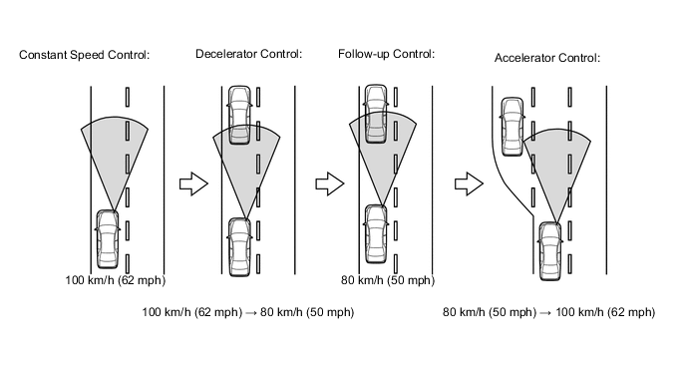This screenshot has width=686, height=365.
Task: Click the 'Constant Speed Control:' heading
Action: [x=85, y=55]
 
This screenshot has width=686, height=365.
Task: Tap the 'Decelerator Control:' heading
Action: [x=248, y=54]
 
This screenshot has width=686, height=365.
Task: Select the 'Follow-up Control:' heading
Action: [x=386, y=54]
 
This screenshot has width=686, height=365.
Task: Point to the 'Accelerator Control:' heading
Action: [x=547, y=58]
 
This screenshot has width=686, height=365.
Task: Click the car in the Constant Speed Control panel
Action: [x=108, y=239]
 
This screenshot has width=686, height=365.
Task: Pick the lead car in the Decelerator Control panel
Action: [x=239, y=115]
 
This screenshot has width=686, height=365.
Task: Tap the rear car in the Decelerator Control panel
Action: [x=239, y=247]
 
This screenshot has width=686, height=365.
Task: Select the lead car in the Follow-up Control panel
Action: [x=376, y=114]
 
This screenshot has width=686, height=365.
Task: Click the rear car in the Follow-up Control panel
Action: [x=376, y=234]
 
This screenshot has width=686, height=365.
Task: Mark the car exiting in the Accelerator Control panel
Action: [x=513, y=127]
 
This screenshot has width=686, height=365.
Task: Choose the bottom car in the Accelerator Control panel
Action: [x=550, y=251]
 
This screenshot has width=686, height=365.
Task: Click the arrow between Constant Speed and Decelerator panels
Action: [x=193, y=183]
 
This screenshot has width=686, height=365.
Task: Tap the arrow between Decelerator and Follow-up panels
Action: [x=330, y=183]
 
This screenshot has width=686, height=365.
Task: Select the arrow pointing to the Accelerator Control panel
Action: [x=469, y=183]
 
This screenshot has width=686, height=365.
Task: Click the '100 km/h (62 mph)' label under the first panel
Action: [x=116, y=280]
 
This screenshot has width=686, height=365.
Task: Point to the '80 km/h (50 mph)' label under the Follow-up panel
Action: [x=388, y=280]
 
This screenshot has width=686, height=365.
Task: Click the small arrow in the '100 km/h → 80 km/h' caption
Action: [x=251, y=313]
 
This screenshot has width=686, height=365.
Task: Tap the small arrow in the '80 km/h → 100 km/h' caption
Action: [x=545, y=313]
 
